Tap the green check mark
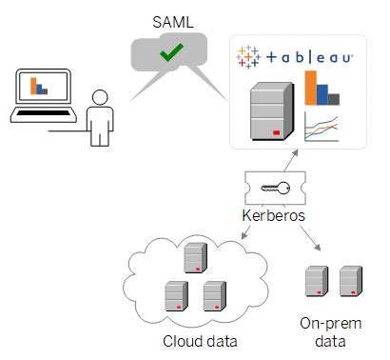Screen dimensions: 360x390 click(x=171, y=54)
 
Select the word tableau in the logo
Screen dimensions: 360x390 click(x=308, y=58)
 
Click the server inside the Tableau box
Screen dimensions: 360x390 click(x=269, y=111)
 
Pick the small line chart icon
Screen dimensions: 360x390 click(x=322, y=126)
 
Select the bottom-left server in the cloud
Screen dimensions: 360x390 click(x=174, y=295)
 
